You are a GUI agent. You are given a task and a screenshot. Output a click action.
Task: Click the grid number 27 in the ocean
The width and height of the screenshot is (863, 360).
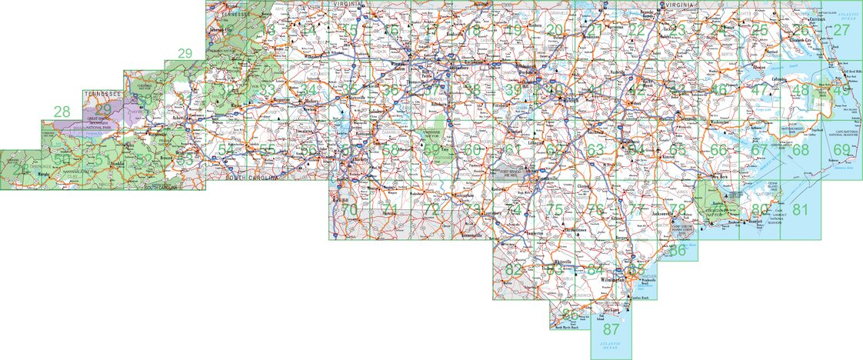pyautogui.click(x=841, y=31)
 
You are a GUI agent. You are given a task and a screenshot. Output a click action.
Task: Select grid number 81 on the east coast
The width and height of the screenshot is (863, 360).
pyautogui.click(x=801, y=210)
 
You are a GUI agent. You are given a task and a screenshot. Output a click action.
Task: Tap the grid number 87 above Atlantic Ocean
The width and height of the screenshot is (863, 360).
pyautogui.click(x=611, y=328)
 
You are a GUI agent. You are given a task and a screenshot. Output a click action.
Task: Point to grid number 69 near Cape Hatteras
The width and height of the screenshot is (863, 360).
pyautogui.click(x=841, y=149)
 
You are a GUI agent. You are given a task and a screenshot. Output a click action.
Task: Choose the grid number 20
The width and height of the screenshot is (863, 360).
pyautogui.click(x=554, y=31)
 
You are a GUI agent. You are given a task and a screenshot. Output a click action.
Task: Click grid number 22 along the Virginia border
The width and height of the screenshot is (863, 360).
pyautogui.click(x=636, y=31)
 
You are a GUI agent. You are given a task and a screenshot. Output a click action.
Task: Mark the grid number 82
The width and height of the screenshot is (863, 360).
pyautogui.click(x=513, y=269)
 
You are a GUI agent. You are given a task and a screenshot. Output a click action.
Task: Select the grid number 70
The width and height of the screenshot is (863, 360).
pyautogui.click(x=349, y=210)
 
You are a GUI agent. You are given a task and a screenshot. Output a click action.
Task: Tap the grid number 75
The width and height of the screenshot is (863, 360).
pyautogui.click(x=554, y=210)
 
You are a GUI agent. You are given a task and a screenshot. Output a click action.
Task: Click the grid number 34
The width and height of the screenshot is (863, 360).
pyautogui.click(x=308, y=90)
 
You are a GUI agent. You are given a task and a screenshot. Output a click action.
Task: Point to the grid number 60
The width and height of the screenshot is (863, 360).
pyautogui.click(x=472, y=149)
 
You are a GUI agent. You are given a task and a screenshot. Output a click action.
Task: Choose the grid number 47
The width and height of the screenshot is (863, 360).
pyautogui.click(x=760, y=90)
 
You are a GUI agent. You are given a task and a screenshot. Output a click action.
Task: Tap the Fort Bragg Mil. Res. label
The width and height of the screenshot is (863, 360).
pyautogui.click(x=511, y=175)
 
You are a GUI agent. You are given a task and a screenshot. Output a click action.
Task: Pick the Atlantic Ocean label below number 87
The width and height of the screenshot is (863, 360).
pyautogui.click(x=611, y=346)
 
